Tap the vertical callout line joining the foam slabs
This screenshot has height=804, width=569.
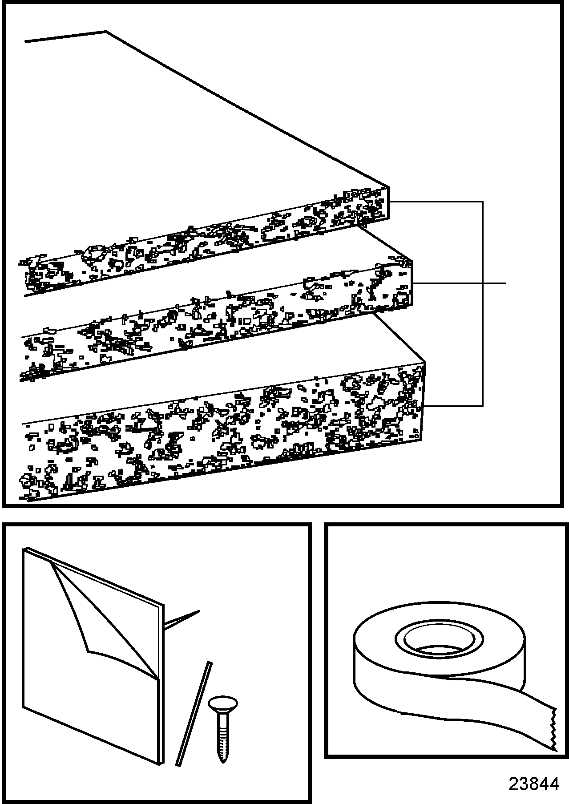pos(483,304)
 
